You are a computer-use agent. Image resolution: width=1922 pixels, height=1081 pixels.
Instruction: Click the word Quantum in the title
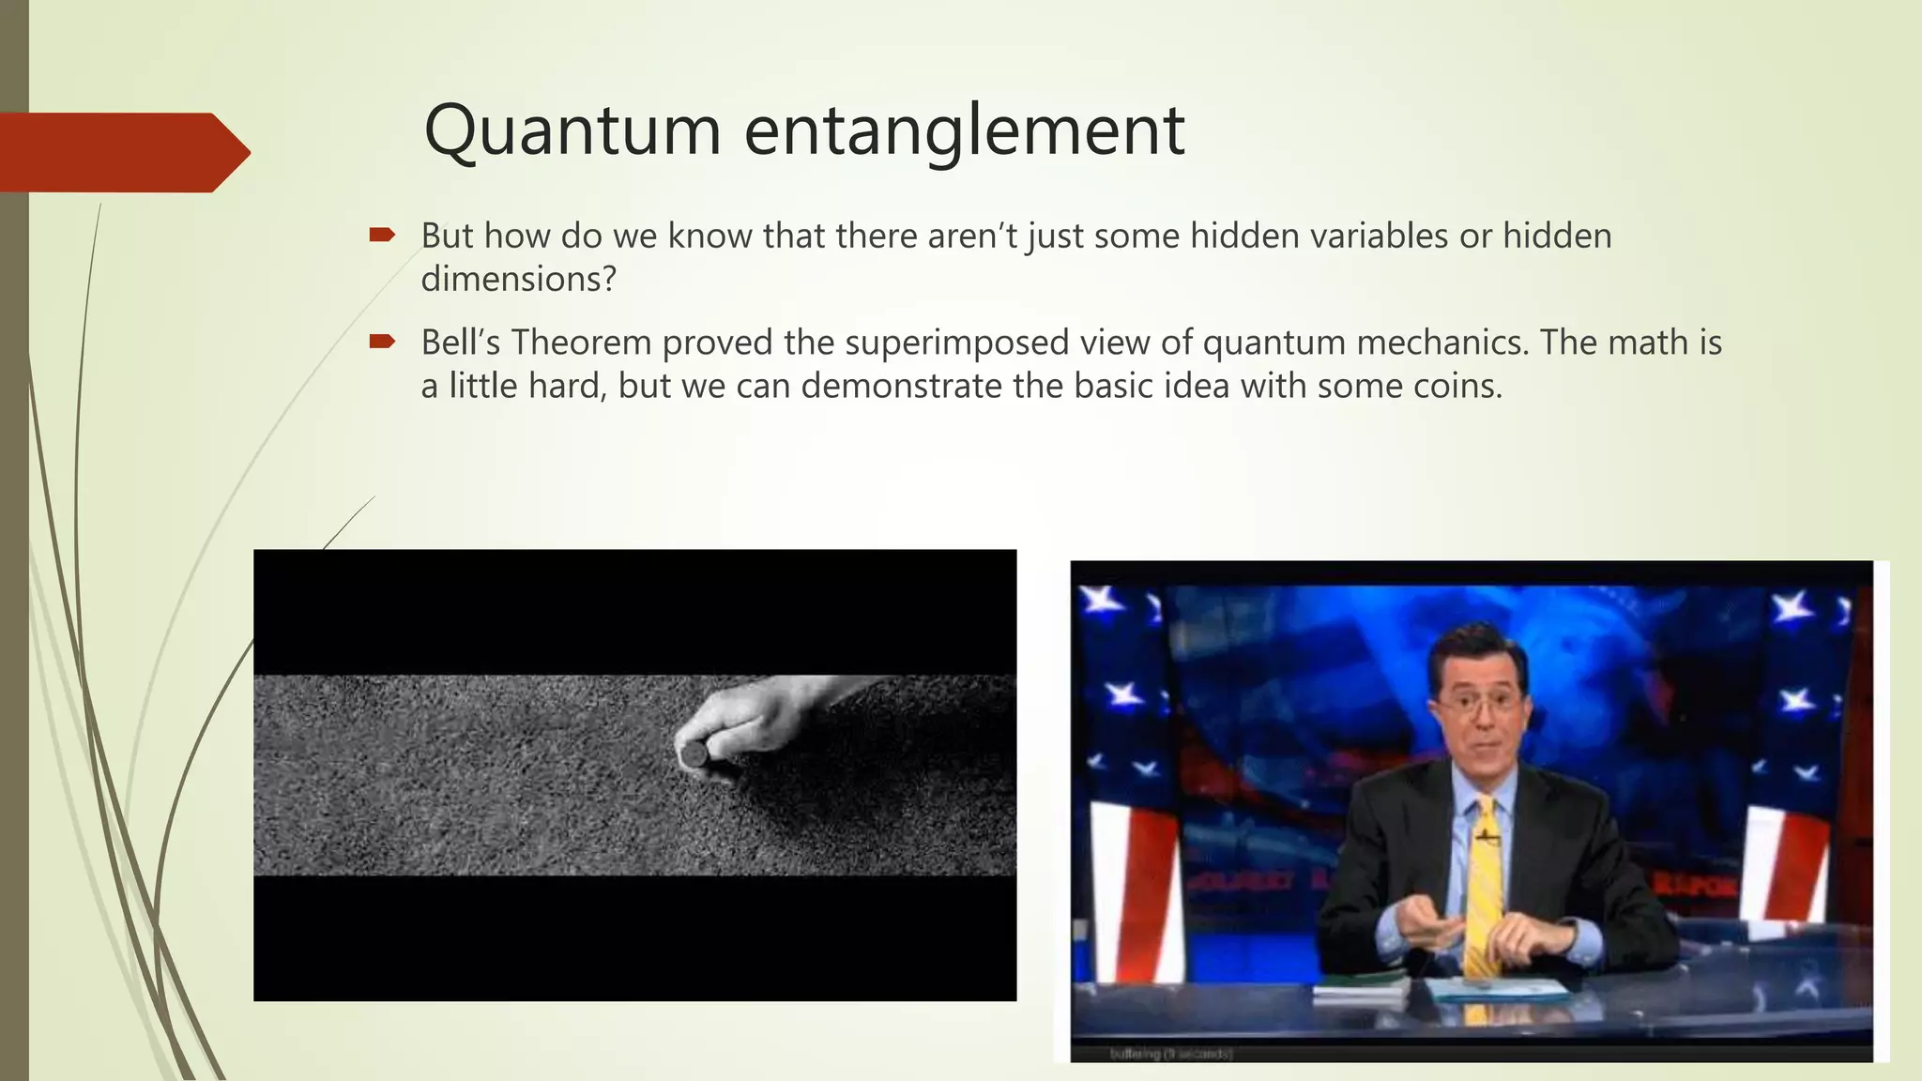pyautogui.click(x=572, y=131)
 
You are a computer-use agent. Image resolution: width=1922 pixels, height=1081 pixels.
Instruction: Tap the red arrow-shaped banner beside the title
pyautogui.click(x=122, y=152)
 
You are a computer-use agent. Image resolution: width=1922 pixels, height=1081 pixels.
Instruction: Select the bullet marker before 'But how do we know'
pyautogui.click(x=382, y=235)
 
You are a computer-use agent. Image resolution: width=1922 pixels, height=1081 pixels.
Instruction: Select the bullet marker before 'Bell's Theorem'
pyautogui.click(x=382, y=342)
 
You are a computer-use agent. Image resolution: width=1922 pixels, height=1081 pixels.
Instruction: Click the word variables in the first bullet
pyautogui.click(x=1379, y=236)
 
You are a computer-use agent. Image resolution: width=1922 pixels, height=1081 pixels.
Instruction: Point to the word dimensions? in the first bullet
pyautogui.click(x=518, y=279)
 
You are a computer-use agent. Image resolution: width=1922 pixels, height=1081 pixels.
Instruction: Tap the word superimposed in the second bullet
pyautogui.click(x=956, y=343)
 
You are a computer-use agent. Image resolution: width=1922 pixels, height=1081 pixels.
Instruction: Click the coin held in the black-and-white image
pyautogui.click(x=694, y=755)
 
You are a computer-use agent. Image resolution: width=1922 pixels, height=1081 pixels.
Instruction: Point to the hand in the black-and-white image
pyautogui.click(x=741, y=723)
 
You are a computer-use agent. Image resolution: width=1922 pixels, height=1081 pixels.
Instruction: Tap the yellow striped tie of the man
pyautogui.click(x=1483, y=891)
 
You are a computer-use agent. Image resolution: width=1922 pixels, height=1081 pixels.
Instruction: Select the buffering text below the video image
pyautogui.click(x=1169, y=1054)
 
